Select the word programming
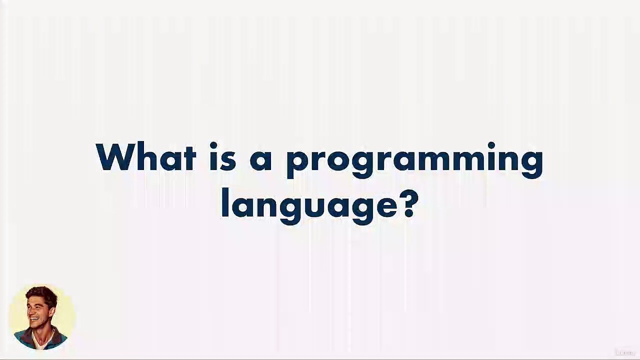pos(414,160)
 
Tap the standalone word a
pos(260,160)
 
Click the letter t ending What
pos(189,158)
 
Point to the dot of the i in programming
pos(491,146)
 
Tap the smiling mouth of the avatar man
pos(34,318)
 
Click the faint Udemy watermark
pos(624,352)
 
